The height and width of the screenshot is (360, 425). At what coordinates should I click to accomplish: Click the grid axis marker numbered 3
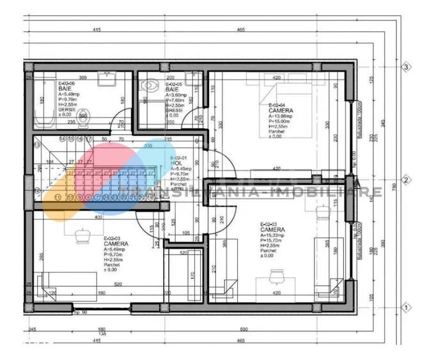pos(405,67)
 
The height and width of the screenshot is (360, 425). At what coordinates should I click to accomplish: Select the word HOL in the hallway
pos(175,163)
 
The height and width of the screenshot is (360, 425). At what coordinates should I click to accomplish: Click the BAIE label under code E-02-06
pos(65,89)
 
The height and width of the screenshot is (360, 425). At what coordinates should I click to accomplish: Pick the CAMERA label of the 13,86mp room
pos(281,110)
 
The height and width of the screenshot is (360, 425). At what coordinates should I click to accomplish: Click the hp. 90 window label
pos(81,312)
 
